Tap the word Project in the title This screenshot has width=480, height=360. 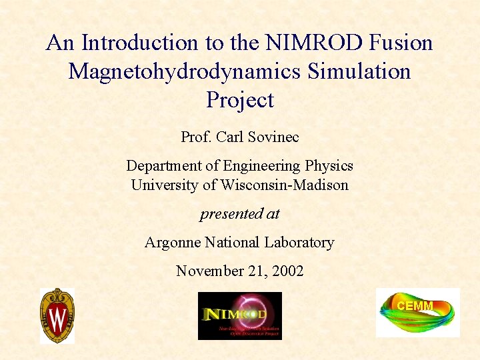click(240, 100)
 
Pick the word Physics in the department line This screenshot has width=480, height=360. click(329, 166)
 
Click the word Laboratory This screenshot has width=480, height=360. click(299, 243)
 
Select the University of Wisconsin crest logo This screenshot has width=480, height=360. click(57, 315)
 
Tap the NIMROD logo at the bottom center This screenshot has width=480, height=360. click(240, 316)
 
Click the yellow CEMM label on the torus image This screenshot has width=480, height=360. click(415, 306)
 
